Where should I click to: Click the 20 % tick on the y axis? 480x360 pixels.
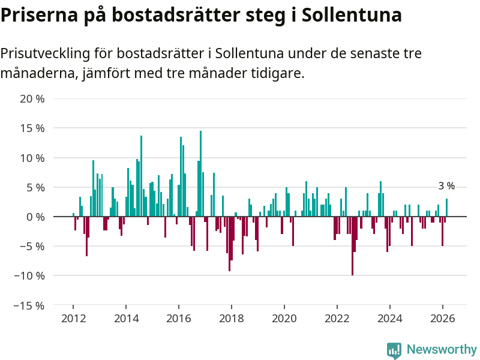[32, 99]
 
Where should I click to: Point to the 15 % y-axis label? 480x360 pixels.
[32, 128]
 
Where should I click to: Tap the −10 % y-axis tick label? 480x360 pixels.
[30, 276]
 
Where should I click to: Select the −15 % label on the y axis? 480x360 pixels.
[30, 305]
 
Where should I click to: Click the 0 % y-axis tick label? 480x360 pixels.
[35, 217]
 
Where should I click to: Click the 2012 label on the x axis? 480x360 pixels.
[73, 319]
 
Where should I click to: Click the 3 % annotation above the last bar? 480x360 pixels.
[446, 186]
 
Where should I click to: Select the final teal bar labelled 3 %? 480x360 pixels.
[446, 208]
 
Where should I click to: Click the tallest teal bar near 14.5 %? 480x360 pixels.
[200, 174]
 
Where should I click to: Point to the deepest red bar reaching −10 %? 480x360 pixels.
[352, 246]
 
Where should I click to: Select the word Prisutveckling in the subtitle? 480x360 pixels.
[44, 53]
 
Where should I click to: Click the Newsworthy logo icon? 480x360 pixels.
[394, 350]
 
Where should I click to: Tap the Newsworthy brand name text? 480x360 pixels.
[442, 349]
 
